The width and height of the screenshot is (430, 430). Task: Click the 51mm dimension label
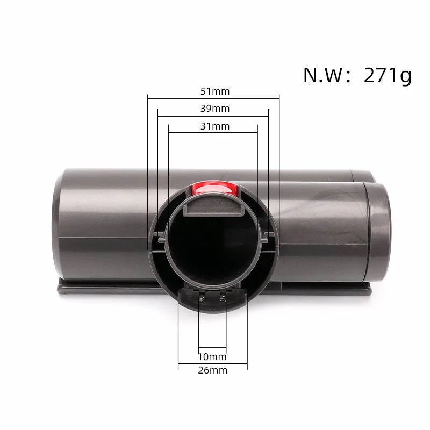[x=213, y=91]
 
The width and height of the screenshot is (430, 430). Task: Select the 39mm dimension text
[x=213, y=109]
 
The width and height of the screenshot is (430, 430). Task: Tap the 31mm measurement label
[x=213, y=126]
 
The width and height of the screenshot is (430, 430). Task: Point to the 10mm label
[x=213, y=357]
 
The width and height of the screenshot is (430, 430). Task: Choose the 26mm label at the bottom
[x=213, y=370]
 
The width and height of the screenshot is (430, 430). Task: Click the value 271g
[x=387, y=75]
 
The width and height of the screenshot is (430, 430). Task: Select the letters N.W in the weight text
[x=322, y=75]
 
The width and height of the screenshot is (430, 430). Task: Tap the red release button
[x=213, y=188]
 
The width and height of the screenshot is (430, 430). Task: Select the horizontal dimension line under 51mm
[x=213, y=98]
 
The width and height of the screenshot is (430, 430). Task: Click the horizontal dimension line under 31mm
[x=213, y=133]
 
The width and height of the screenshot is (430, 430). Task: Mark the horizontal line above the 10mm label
[x=213, y=347]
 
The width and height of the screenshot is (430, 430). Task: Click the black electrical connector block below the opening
[x=213, y=296]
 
